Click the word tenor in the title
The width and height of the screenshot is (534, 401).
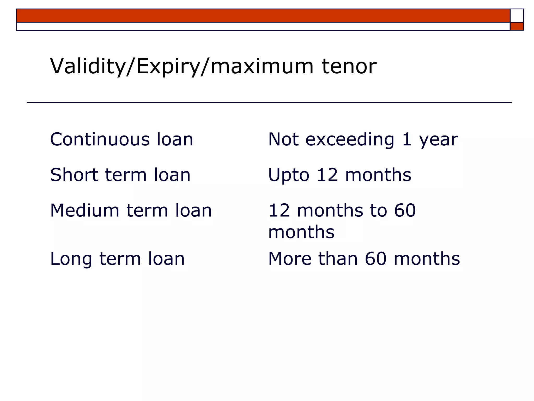[349, 66]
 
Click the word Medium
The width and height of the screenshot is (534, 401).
[85, 210]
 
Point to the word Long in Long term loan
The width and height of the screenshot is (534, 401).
[71, 259]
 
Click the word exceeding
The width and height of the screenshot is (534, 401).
[350, 140]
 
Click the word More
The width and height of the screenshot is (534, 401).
[290, 259]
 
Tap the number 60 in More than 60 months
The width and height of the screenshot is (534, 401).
[375, 259]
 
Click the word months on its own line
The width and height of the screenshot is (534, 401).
[301, 232]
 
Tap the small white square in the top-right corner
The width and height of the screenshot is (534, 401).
[517, 16]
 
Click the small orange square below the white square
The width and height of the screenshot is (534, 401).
[517, 26]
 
